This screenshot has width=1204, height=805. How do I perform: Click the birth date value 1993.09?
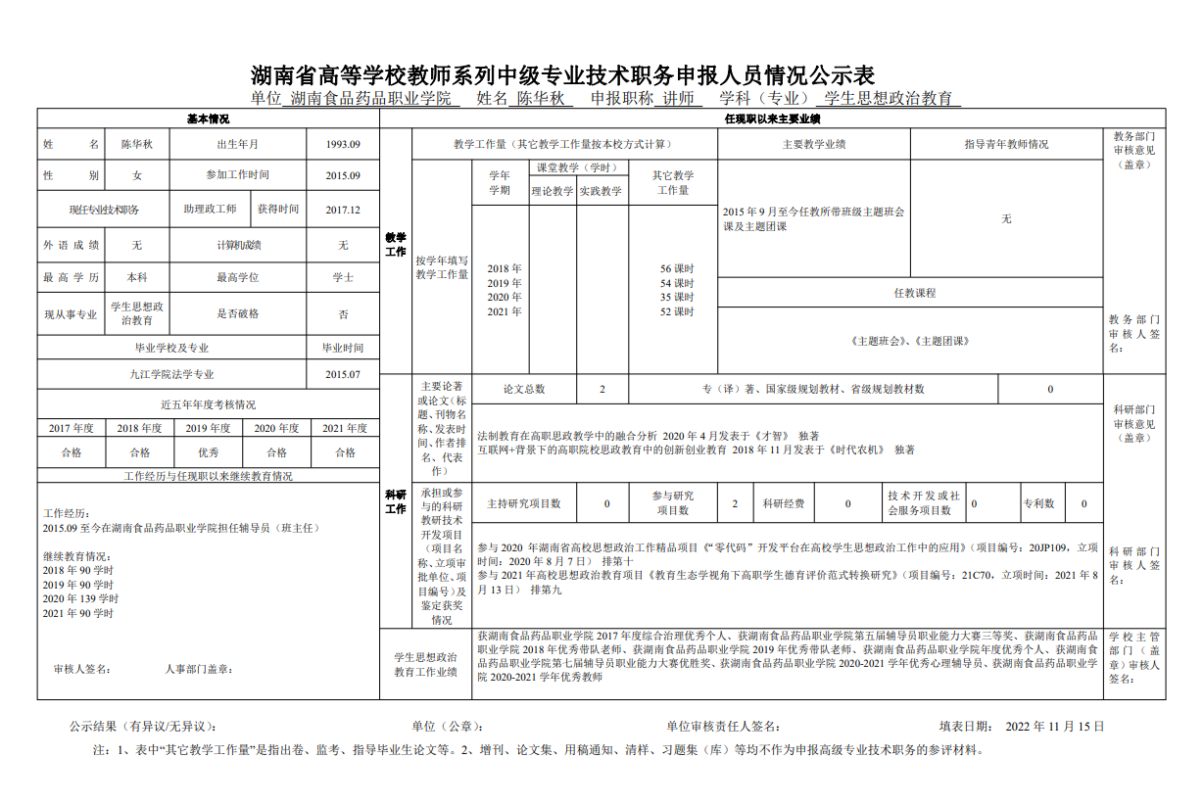coord(343,144)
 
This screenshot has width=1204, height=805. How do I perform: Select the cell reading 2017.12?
coord(343,210)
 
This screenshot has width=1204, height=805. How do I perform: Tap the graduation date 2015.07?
coord(343,374)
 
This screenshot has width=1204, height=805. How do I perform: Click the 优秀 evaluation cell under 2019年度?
coord(209,452)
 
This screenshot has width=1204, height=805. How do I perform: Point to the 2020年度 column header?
coord(277,428)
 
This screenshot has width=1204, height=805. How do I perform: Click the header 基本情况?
coord(208,118)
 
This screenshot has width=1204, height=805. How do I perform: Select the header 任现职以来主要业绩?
coord(772,118)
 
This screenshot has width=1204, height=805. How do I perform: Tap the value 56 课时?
coord(677,268)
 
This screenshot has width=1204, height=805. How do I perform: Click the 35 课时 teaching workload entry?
coord(677,297)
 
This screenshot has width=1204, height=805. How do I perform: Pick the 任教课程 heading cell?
coord(914,293)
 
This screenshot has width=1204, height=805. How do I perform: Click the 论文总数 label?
coord(524,389)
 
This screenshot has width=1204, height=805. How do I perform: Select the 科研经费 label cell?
coord(784,503)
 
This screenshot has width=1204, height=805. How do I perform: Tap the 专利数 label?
coord(1038,503)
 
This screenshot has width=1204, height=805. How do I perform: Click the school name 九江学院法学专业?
coord(171,374)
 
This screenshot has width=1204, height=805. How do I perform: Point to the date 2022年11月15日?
coord(1055,727)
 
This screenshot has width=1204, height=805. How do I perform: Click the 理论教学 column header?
coord(553,191)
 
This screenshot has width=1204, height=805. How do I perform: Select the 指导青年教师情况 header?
coord(1006,144)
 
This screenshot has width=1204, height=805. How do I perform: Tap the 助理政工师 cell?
coord(210,210)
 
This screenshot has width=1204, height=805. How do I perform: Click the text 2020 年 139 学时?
coord(80,598)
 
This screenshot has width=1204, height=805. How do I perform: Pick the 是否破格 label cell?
coord(237,314)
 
